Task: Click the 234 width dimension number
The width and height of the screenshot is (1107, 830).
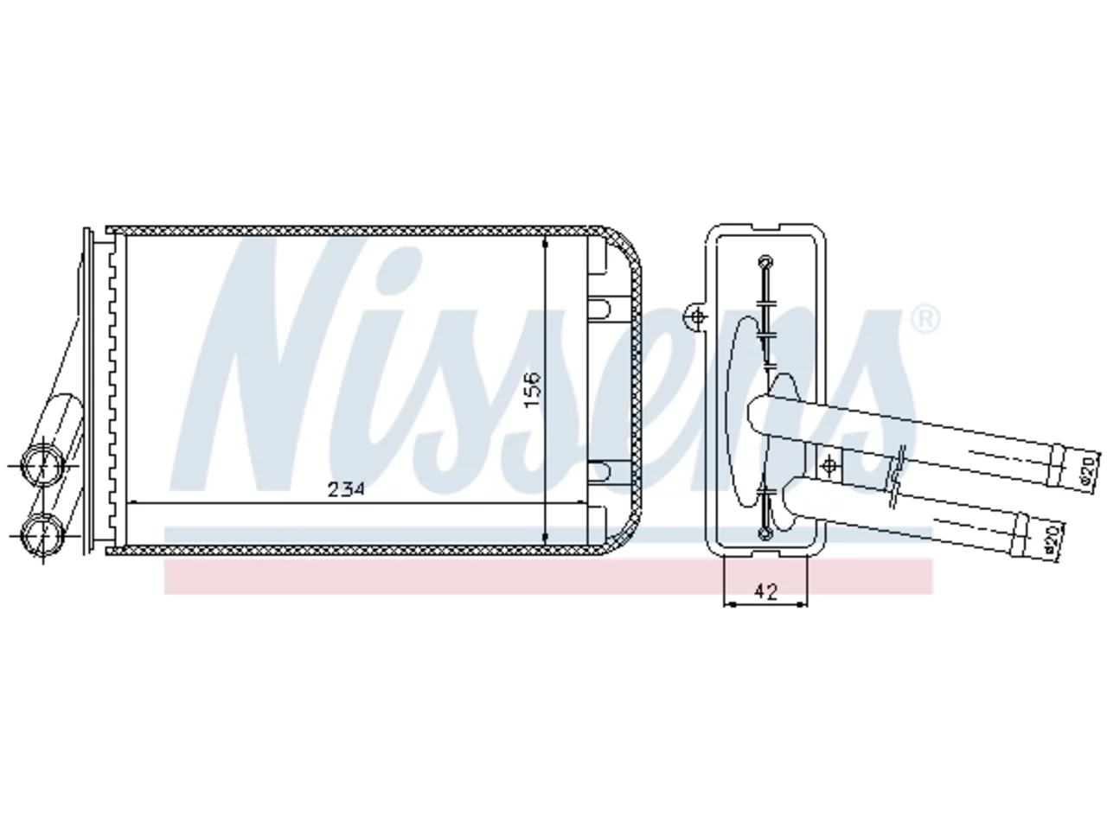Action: click(x=345, y=489)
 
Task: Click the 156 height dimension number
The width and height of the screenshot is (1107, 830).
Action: click(x=532, y=390)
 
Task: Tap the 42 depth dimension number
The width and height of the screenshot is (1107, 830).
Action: click(x=765, y=591)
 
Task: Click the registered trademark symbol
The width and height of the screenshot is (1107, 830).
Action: click(x=925, y=318)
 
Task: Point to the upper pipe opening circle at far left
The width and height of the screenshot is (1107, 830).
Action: click(x=42, y=465)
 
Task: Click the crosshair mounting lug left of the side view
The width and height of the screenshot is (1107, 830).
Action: click(x=698, y=317)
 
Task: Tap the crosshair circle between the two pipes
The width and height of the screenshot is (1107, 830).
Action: click(x=829, y=466)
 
